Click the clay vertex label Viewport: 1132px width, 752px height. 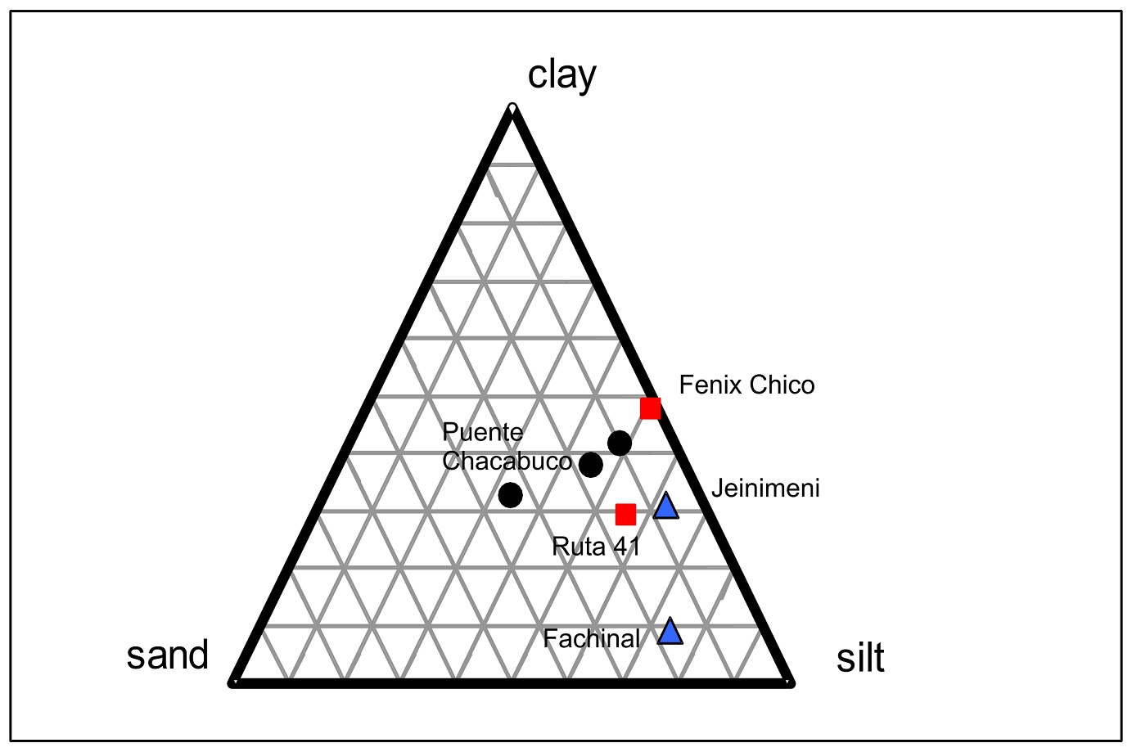(x=561, y=76)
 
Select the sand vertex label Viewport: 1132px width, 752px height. (x=168, y=655)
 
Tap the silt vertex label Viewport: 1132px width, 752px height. (x=860, y=658)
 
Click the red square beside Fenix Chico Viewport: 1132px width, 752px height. (x=651, y=408)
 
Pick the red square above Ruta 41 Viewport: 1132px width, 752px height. (x=625, y=514)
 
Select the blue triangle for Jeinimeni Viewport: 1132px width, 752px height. (x=666, y=507)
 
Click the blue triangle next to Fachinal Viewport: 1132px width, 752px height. (x=670, y=632)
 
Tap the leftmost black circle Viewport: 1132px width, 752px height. (x=510, y=494)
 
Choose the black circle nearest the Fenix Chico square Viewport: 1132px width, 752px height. (x=620, y=443)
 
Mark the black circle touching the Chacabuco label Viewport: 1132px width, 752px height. (x=591, y=465)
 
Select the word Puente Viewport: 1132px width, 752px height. (x=482, y=432)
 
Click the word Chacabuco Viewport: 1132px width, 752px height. (x=507, y=461)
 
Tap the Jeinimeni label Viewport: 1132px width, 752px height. (x=764, y=489)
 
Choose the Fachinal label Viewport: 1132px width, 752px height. (x=591, y=638)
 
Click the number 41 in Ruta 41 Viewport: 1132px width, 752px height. (x=626, y=546)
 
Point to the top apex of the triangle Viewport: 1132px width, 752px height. (x=512, y=109)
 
